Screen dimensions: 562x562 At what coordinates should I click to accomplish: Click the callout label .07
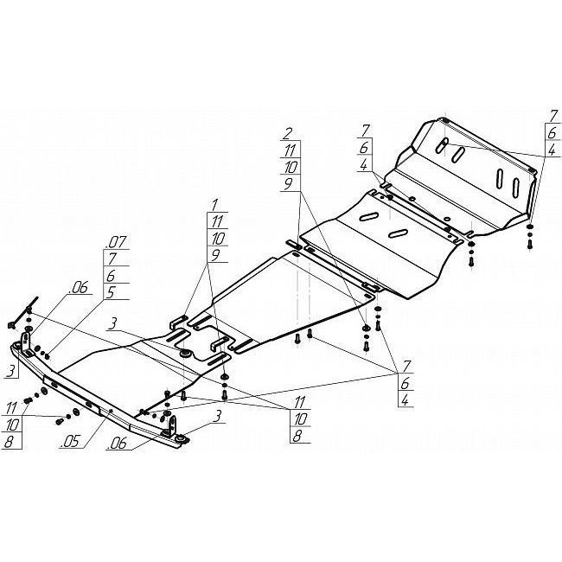tap(117, 242)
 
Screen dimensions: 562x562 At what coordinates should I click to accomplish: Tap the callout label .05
tap(69, 442)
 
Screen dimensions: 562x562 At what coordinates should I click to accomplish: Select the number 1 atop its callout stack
tap(214, 206)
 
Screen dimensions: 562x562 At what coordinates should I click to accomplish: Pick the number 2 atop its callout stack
tap(287, 134)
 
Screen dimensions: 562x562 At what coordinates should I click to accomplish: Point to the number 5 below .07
tap(112, 292)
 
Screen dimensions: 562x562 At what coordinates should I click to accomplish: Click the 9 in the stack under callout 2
tap(288, 184)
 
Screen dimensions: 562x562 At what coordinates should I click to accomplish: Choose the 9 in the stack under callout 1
tap(215, 255)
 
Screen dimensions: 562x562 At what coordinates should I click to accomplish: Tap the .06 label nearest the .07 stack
tap(80, 287)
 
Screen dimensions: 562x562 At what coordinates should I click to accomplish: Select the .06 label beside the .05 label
tap(118, 444)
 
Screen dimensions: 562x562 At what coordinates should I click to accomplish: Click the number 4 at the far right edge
tap(552, 149)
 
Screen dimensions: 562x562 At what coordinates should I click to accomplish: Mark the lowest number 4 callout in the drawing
tap(405, 400)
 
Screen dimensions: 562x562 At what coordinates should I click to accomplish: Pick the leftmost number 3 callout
tap(12, 371)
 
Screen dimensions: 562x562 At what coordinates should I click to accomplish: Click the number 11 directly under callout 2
tap(290, 150)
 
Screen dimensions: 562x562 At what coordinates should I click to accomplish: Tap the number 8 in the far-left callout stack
tap(9, 442)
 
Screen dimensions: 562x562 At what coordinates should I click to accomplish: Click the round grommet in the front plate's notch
tap(185, 353)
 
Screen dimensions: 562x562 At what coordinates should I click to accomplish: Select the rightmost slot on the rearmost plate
tap(516, 188)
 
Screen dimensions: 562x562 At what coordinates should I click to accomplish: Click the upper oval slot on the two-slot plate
tap(367, 216)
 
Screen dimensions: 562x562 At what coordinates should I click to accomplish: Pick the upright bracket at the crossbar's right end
tap(172, 425)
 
